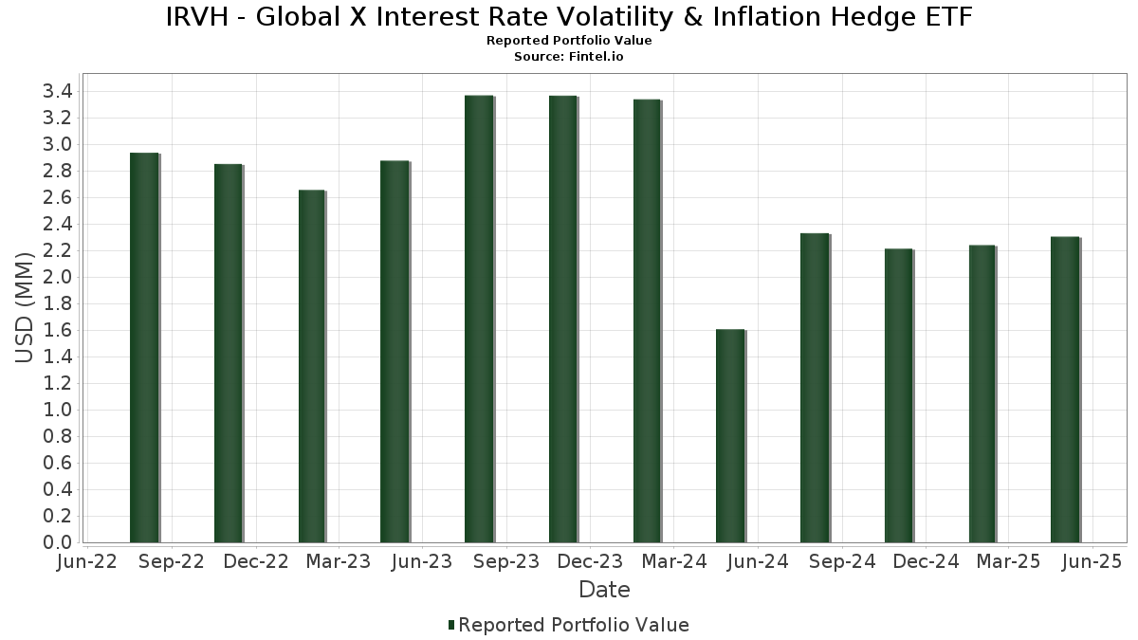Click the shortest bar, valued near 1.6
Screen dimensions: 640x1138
click(730, 436)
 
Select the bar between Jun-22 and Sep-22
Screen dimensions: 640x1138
click(144, 347)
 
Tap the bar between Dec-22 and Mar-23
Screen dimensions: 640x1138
click(312, 366)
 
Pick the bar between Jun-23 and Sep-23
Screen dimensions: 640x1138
click(479, 319)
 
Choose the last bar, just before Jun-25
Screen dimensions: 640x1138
click(1065, 390)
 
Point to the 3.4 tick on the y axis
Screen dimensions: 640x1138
click(58, 92)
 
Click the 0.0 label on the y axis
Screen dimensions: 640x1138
click(58, 542)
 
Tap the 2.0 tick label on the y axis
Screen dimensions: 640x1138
click(58, 277)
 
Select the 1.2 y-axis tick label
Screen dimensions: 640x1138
click(58, 383)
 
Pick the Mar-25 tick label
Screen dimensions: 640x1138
click(1009, 562)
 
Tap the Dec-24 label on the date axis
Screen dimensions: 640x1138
click(926, 562)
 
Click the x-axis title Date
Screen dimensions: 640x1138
click(604, 590)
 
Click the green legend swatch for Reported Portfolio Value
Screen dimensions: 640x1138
click(451, 625)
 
